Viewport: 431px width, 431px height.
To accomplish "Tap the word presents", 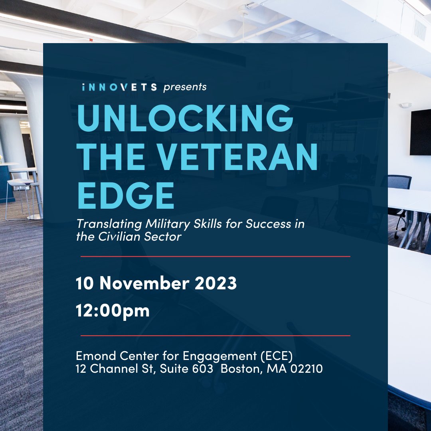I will [x=185, y=87].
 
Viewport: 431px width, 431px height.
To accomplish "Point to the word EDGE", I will [x=126, y=196].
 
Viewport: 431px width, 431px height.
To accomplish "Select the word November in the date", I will [x=144, y=284].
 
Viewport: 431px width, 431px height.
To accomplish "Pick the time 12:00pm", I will [x=113, y=311].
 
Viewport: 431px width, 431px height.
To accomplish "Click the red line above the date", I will [x=215, y=256].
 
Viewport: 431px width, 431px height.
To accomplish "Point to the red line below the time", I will [x=215, y=336].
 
